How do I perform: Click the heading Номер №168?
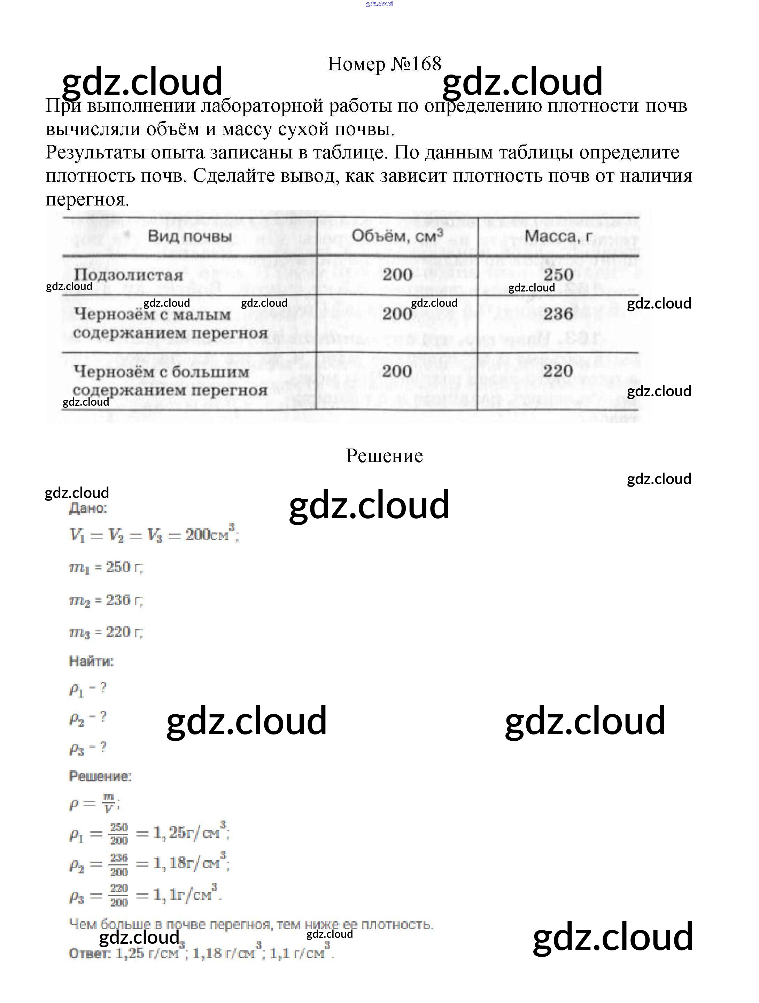point(384,64)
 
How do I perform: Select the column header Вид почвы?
point(189,236)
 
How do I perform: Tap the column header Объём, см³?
point(397,236)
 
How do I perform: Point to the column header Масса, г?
point(558,236)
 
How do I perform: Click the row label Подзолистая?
point(128,275)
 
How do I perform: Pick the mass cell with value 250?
point(558,274)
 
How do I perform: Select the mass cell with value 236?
point(558,314)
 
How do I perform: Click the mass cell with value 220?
point(558,371)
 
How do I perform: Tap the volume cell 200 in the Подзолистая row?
point(397,274)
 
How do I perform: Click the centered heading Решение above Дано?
point(384,456)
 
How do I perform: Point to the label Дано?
point(88,508)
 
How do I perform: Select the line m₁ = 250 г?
point(106,567)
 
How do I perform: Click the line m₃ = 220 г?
point(106,632)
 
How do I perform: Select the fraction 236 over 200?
point(119,865)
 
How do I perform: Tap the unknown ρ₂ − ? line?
point(87,717)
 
